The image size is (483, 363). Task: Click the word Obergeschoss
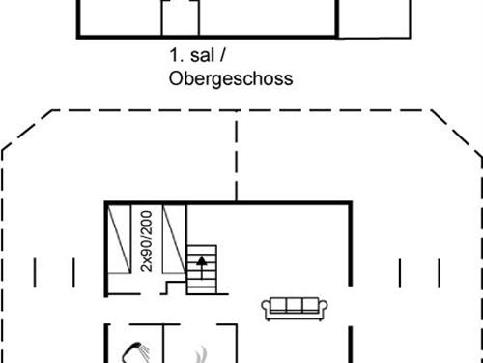pyautogui.click(x=230, y=78)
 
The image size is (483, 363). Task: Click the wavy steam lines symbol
pyautogui.click(x=201, y=354)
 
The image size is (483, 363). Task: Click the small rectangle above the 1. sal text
pyautogui.click(x=180, y=18)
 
